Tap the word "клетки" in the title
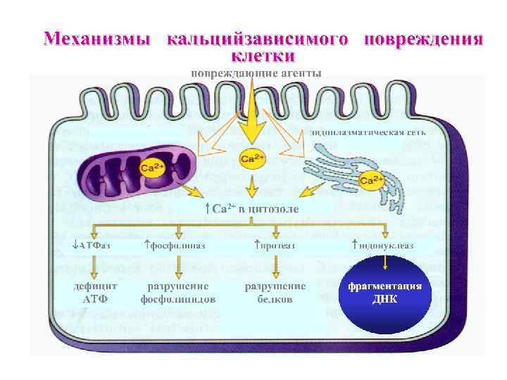tap(263, 53)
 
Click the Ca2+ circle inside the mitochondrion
tap(153, 169)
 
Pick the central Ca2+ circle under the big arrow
tap(252, 158)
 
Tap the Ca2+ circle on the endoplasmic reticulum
tap(371, 181)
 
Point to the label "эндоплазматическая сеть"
tap(367, 132)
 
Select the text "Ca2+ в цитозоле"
tap(251, 209)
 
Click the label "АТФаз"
tap(92, 246)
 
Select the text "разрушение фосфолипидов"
tap(177, 293)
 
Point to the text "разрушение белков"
tap(275, 293)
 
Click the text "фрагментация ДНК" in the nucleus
tap(385, 291)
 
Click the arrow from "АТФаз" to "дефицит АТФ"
tap(95, 265)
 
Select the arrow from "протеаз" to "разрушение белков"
tap(275, 265)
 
